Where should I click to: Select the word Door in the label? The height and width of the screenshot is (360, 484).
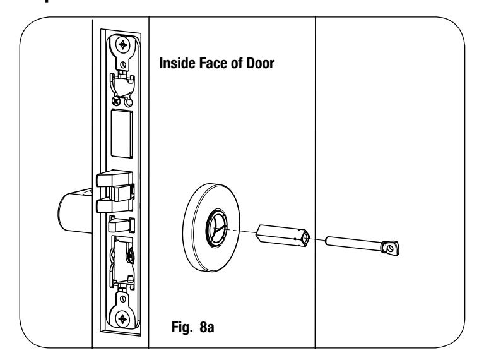pyautogui.click(x=260, y=63)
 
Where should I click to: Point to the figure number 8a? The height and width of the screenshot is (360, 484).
pyautogui.click(x=207, y=327)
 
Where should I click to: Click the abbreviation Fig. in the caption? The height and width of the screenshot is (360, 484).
pyautogui.click(x=182, y=327)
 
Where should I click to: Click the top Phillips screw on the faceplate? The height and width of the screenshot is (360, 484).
pyautogui.click(x=123, y=45)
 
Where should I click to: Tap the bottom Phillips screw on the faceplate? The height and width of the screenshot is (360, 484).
pyautogui.click(x=122, y=318)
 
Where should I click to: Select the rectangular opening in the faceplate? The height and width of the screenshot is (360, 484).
pyautogui.click(x=122, y=133)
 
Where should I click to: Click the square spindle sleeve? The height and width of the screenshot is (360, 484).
pyautogui.click(x=283, y=236)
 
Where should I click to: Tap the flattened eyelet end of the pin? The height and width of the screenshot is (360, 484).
pyautogui.click(x=390, y=248)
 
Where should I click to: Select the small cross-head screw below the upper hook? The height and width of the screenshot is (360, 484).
pyautogui.click(x=116, y=100)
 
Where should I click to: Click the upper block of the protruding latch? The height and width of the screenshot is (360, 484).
pyautogui.click(x=114, y=178)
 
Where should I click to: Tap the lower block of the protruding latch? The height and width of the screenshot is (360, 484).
pyautogui.click(x=114, y=206)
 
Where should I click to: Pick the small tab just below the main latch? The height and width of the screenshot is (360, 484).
pyautogui.click(x=122, y=225)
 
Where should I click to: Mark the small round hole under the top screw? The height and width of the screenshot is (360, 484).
pyautogui.click(x=123, y=64)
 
